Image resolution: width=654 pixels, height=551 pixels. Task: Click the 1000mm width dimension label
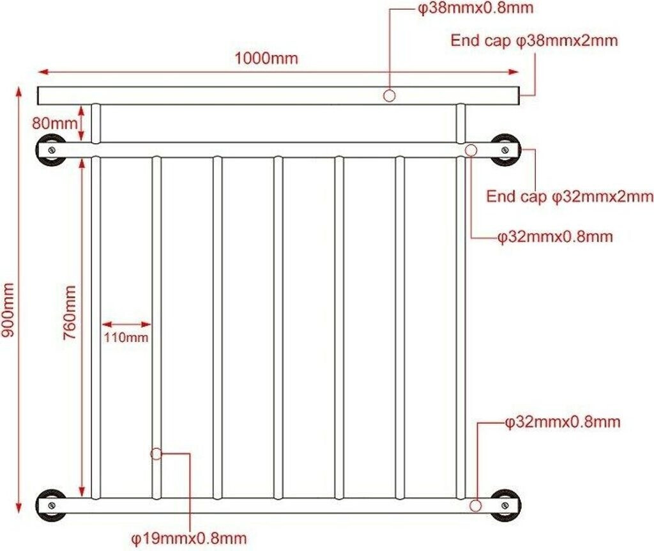tap(266, 58)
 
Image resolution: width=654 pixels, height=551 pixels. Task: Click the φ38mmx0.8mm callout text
tap(475, 9)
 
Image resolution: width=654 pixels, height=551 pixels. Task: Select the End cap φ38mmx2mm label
tap(535, 41)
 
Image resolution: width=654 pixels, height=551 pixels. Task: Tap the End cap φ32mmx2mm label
tap(570, 196)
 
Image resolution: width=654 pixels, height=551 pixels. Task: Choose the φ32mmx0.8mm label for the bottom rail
tap(562, 422)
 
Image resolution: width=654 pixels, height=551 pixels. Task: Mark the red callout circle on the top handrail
tap(389, 96)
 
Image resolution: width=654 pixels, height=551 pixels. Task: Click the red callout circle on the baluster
tap(156, 454)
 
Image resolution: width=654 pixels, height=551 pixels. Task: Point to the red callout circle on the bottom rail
tap(475, 506)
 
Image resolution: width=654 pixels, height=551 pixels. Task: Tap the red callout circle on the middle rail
tap(471, 150)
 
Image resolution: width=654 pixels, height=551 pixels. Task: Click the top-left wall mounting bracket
tap(49, 150)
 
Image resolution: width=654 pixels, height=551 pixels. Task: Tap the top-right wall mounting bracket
tap(505, 150)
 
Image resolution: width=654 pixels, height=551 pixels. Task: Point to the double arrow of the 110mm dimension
tap(126, 324)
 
